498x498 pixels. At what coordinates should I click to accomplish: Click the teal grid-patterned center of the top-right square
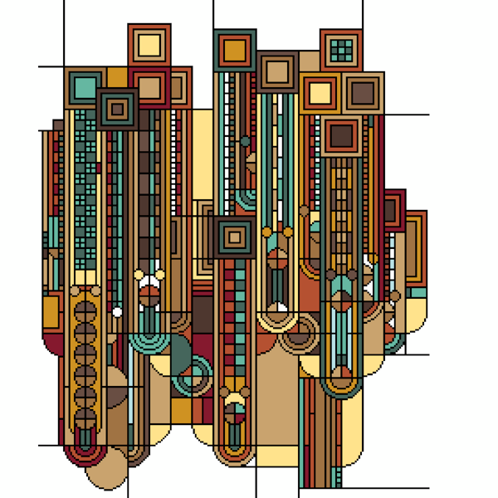341,51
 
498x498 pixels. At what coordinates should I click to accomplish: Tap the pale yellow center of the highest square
149,44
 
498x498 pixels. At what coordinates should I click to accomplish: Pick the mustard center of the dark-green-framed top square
235,50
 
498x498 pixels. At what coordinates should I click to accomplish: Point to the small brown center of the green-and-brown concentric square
117,109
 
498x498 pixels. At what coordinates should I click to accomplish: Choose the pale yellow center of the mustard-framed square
320,93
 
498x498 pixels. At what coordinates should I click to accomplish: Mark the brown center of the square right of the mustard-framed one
363,93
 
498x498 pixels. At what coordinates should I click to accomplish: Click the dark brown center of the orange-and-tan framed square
341,134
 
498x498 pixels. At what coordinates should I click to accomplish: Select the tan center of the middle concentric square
235,237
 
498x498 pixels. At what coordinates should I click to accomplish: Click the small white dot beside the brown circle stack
118,312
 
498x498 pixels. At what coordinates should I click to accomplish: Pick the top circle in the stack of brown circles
85,312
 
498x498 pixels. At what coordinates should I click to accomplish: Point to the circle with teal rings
193,375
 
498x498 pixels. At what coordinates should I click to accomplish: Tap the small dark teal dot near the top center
245,142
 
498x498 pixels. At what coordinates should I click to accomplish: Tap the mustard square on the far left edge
50,312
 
